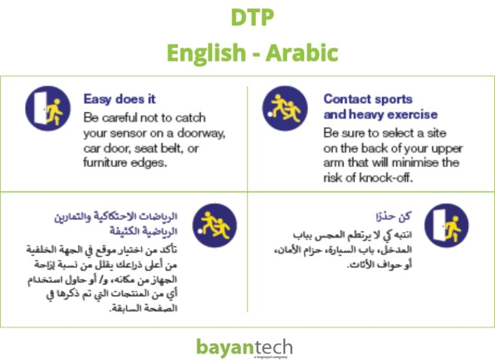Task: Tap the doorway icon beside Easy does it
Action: coord(47,108)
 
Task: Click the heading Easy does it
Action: coord(119,99)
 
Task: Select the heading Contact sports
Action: coord(367,99)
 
